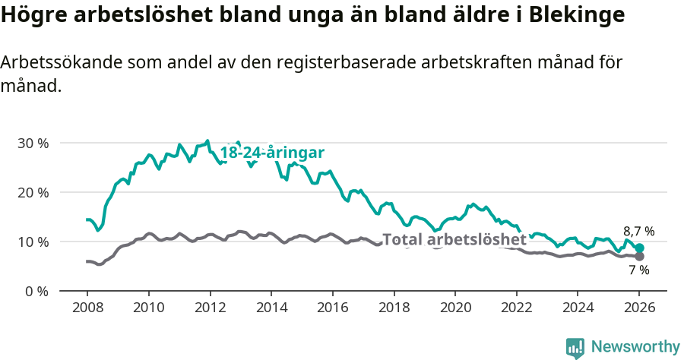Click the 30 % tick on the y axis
tap(33, 144)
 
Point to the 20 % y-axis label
tap(33, 193)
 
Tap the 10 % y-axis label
tap(33, 242)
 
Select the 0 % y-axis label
tap(36, 292)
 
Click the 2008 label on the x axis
tap(87, 309)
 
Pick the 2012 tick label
tap(210, 309)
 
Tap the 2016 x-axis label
tap(332, 309)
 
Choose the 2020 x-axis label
tap(454, 309)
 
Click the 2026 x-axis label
tap(638, 309)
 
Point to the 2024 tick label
tap(577, 309)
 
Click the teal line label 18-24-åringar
tap(272, 153)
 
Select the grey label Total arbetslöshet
tap(454, 240)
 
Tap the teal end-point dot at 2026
tap(640, 248)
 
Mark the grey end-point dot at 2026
tap(640, 257)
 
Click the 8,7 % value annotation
tap(638, 232)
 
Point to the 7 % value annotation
tap(638, 270)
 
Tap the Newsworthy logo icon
tap(575, 348)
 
